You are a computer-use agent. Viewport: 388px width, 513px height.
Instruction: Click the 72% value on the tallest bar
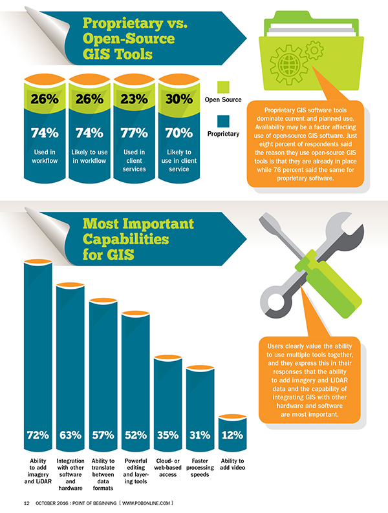[38, 435]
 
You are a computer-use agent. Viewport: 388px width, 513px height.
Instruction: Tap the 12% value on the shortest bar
[232, 435]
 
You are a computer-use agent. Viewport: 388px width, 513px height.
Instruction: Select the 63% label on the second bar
[70, 435]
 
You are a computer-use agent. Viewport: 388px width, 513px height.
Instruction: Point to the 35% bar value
[167, 435]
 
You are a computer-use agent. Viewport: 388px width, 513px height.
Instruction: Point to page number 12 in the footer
[27, 502]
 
